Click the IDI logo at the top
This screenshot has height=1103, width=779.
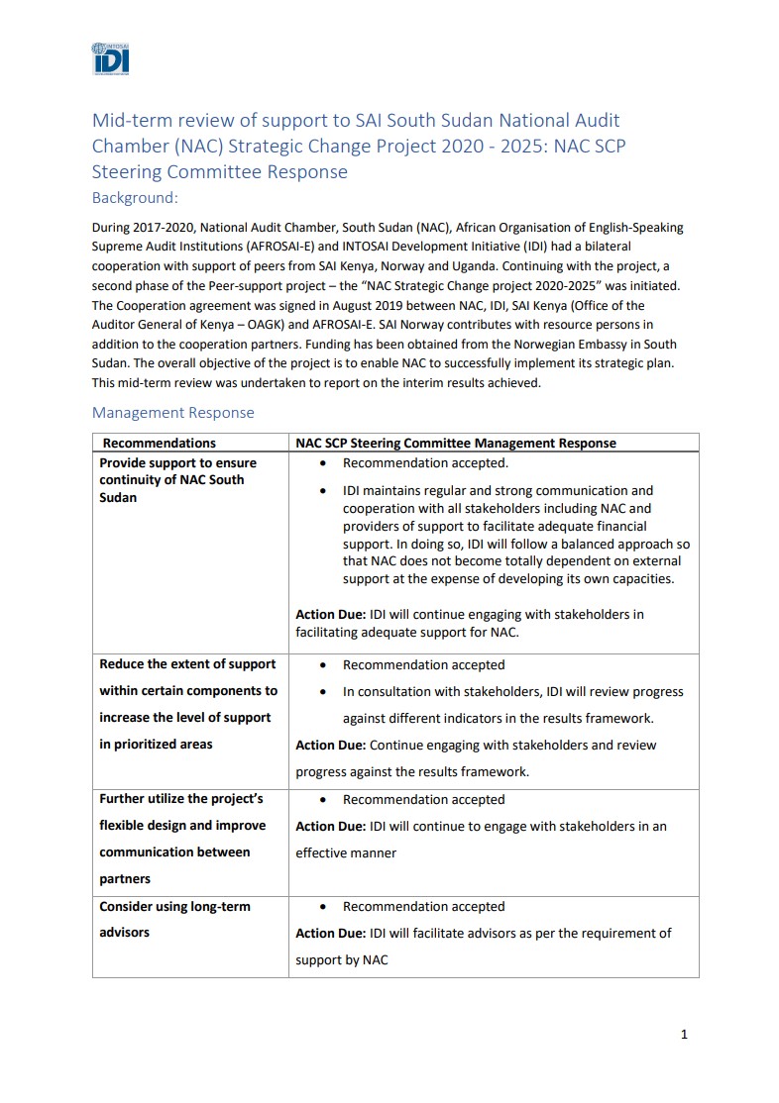point(110,58)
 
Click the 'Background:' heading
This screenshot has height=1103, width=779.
point(135,197)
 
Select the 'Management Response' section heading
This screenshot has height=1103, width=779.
point(172,412)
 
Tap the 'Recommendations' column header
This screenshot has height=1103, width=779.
point(159,443)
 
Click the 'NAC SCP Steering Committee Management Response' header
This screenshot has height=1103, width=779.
point(456,443)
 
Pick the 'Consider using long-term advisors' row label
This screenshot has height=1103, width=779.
point(174,919)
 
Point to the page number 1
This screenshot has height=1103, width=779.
point(684,1035)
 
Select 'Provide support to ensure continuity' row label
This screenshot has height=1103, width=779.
point(177,479)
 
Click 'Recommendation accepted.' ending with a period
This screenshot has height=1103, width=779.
point(425,462)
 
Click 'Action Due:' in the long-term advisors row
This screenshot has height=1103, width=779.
point(331,933)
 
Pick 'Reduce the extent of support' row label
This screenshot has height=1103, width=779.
point(187,663)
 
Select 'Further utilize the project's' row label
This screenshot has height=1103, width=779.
point(180,798)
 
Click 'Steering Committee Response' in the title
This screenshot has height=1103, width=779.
point(220,171)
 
